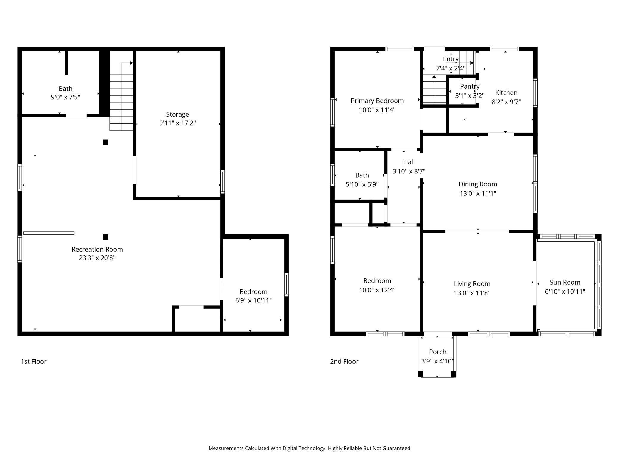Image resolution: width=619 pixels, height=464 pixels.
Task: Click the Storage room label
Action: pyautogui.click(x=177, y=114)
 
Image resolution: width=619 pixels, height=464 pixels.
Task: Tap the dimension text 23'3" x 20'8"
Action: pyautogui.click(x=97, y=258)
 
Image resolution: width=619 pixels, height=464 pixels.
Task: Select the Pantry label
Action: pyautogui.click(x=470, y=86)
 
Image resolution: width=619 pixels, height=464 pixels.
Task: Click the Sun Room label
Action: pyautogui.click(x=565, y=282)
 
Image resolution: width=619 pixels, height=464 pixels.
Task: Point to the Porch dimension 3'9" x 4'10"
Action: pyautogui.click(x=437, y=361)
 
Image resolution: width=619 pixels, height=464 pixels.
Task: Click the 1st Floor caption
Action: pyautogui.click(x=34, y=361)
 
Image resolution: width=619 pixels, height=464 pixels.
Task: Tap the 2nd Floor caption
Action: pyautogui.click(x=344, y=361)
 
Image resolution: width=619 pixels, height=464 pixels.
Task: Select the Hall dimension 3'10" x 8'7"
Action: pyautogui.click(x=409, y=171)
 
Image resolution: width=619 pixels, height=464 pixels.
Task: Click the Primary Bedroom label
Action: pyautogui.click(x=377, y=101)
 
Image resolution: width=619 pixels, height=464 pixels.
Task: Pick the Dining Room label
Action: pyautogui.click(x=478, y=184)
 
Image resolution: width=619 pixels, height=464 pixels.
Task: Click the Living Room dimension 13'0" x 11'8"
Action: pyautogui.click(x=472, y=293)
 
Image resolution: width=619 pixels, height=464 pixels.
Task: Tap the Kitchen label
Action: pyautogui.click(x=506, y=93)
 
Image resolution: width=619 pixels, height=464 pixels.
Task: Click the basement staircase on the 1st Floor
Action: pyautogui.click(x=121, y=98)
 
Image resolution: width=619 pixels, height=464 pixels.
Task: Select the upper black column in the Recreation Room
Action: pyautogui.click(x=105, y=142)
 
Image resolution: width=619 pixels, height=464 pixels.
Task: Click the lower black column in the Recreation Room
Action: pyautogui.click(x=105, y=237)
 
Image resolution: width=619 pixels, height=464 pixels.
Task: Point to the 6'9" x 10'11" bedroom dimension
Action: pyautogui.click(x=253, y=300)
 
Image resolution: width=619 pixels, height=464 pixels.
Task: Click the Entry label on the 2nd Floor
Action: pyautogui.click(x=451, y=59)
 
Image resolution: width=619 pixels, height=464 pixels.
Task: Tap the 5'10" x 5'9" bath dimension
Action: pyautogui.click(x=362, y=184)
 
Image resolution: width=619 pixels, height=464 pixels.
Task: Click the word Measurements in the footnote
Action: pyautogui.click(x=226, y=448)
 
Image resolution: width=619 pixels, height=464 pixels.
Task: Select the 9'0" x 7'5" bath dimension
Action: pyautogui.click(x=65, y=97)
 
